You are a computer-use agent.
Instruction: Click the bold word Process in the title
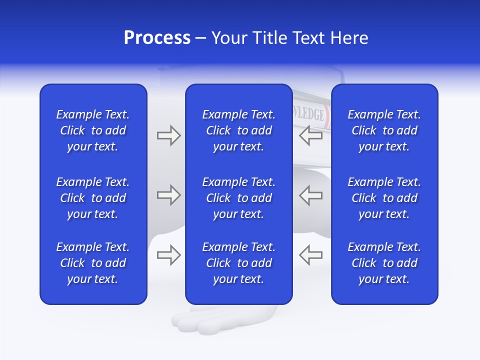(157, 38)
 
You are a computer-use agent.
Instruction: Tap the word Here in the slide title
(348, 38)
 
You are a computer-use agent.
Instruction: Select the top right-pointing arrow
(168, 135)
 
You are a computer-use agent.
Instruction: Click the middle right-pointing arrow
(168, 195)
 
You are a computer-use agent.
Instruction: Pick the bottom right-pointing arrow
(168, 255)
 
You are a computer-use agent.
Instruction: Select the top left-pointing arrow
(310, 135)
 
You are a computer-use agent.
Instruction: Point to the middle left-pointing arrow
(310, 195)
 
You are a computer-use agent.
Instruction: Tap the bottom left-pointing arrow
(310, 255)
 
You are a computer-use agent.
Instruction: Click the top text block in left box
(93, 130)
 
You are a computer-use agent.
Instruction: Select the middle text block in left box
(93, 198)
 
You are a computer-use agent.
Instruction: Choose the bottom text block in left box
(93, 263)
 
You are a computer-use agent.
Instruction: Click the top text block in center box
(238, 130)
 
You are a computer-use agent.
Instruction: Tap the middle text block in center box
(238, 198)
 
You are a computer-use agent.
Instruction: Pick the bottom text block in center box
(238, 263)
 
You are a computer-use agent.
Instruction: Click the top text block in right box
(384, 130)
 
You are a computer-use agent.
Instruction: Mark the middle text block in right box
(384, 198)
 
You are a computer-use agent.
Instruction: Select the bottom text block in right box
(384, 263)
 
